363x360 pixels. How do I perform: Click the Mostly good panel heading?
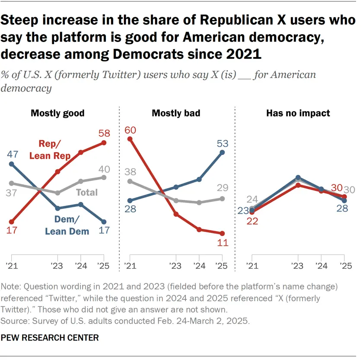coord(57,113)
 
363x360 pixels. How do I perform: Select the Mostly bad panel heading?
coord(176,113)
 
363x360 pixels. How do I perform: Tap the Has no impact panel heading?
coord(298,113)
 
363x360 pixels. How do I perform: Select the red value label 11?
coord(223,243)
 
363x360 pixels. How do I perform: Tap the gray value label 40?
coord(104,169)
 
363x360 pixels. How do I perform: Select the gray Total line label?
coord(86,193)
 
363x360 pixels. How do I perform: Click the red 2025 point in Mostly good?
coord(104,143)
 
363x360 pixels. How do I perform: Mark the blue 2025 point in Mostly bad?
coord(223,152)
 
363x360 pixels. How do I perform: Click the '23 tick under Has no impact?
coord(298,266)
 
